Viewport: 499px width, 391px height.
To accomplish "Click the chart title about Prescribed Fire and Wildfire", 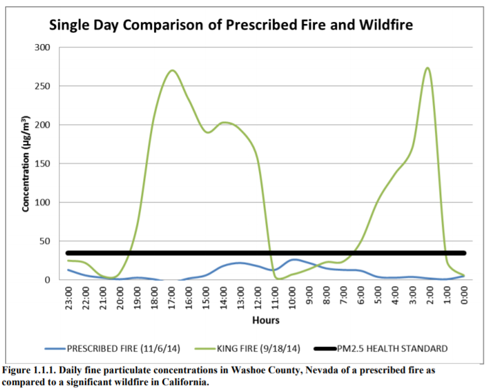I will pos(230,26).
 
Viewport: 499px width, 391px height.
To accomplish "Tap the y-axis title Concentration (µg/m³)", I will pos(26,163).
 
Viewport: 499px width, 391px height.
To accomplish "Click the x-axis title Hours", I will pos(266,320).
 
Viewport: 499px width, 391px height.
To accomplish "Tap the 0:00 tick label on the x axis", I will pos(464,296).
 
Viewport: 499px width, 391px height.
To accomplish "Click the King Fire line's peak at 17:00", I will pos(172,70).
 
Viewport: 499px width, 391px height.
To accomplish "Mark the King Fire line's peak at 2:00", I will pos(428,68).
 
